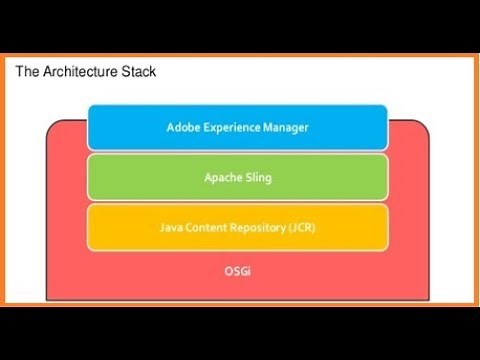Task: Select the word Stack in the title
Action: coord(138,72)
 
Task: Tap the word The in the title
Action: coord(28,72)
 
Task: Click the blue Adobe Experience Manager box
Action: coord(237,127)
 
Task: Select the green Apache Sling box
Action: coord(237,177)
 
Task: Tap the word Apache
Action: coord(221,177)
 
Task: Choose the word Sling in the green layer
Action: coord(257,177)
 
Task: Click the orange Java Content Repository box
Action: coord(237,227)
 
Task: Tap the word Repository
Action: coord(260,227)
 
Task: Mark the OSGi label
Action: coord(237,271)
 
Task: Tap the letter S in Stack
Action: coord(123,72)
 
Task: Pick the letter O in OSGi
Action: coord(227,271)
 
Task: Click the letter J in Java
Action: coord(161,227)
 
